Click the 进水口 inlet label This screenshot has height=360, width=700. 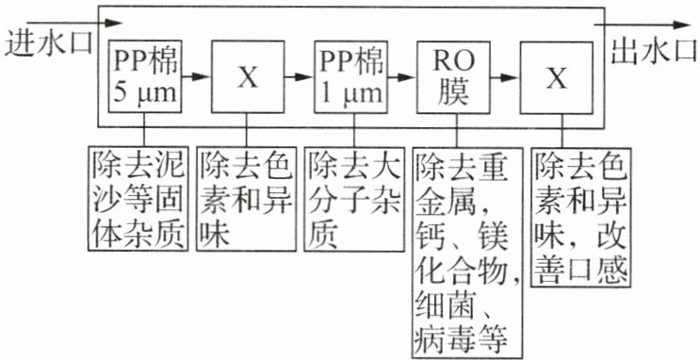click(49, 44)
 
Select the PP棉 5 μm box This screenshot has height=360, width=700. click(144, 76)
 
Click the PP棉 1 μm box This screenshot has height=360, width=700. click(350, 76)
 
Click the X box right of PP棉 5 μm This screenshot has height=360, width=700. click(248, 76)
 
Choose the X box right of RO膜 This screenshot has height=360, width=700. click(557, 76)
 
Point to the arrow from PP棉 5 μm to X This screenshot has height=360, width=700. click(196, 77)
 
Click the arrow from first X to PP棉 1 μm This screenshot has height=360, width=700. click(299, 77)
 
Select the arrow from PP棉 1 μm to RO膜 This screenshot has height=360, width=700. click(401, 77)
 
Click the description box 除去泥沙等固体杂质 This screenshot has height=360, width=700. click(137, 199)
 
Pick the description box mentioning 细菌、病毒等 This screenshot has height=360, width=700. click(467, 253)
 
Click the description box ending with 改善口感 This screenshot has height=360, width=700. click(580, 217)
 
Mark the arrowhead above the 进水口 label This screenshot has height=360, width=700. click(113, 22)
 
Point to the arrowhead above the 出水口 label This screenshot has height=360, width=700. click(682, 25)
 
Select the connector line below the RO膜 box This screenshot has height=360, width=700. click(456, 130)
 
